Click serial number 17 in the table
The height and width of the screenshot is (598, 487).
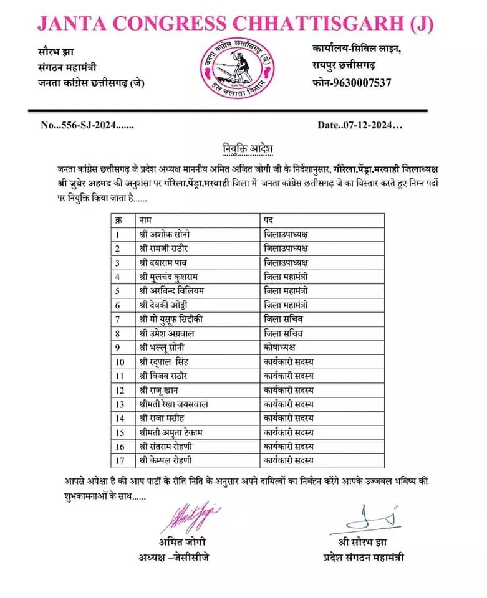coord(120,460)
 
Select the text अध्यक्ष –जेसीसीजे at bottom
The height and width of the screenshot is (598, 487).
coord(174,556)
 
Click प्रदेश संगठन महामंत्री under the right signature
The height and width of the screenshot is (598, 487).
coord(364,556)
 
